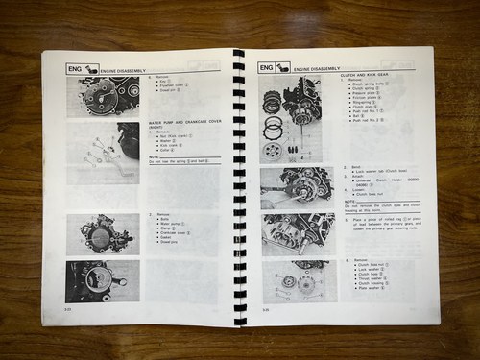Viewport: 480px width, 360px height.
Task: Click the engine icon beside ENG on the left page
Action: tap(92, 68)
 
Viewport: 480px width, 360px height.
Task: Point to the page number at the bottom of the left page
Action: tap(68, 309)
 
